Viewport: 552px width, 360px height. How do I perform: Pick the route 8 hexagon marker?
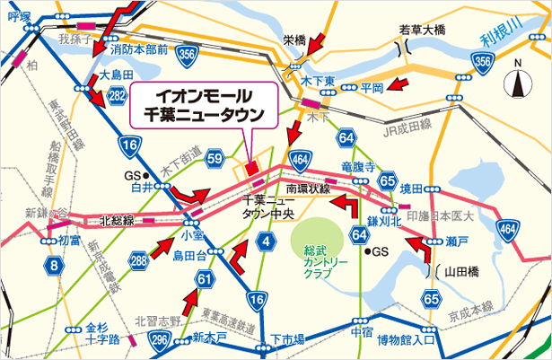56,265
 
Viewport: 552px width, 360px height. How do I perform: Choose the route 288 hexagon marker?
138,262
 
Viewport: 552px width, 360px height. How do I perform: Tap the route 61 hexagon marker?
206,280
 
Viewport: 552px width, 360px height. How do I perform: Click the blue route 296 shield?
160,338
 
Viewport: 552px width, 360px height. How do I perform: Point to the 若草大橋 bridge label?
422,29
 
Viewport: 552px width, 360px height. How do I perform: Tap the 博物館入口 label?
406,340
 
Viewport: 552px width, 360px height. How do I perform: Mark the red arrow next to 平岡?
400,86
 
